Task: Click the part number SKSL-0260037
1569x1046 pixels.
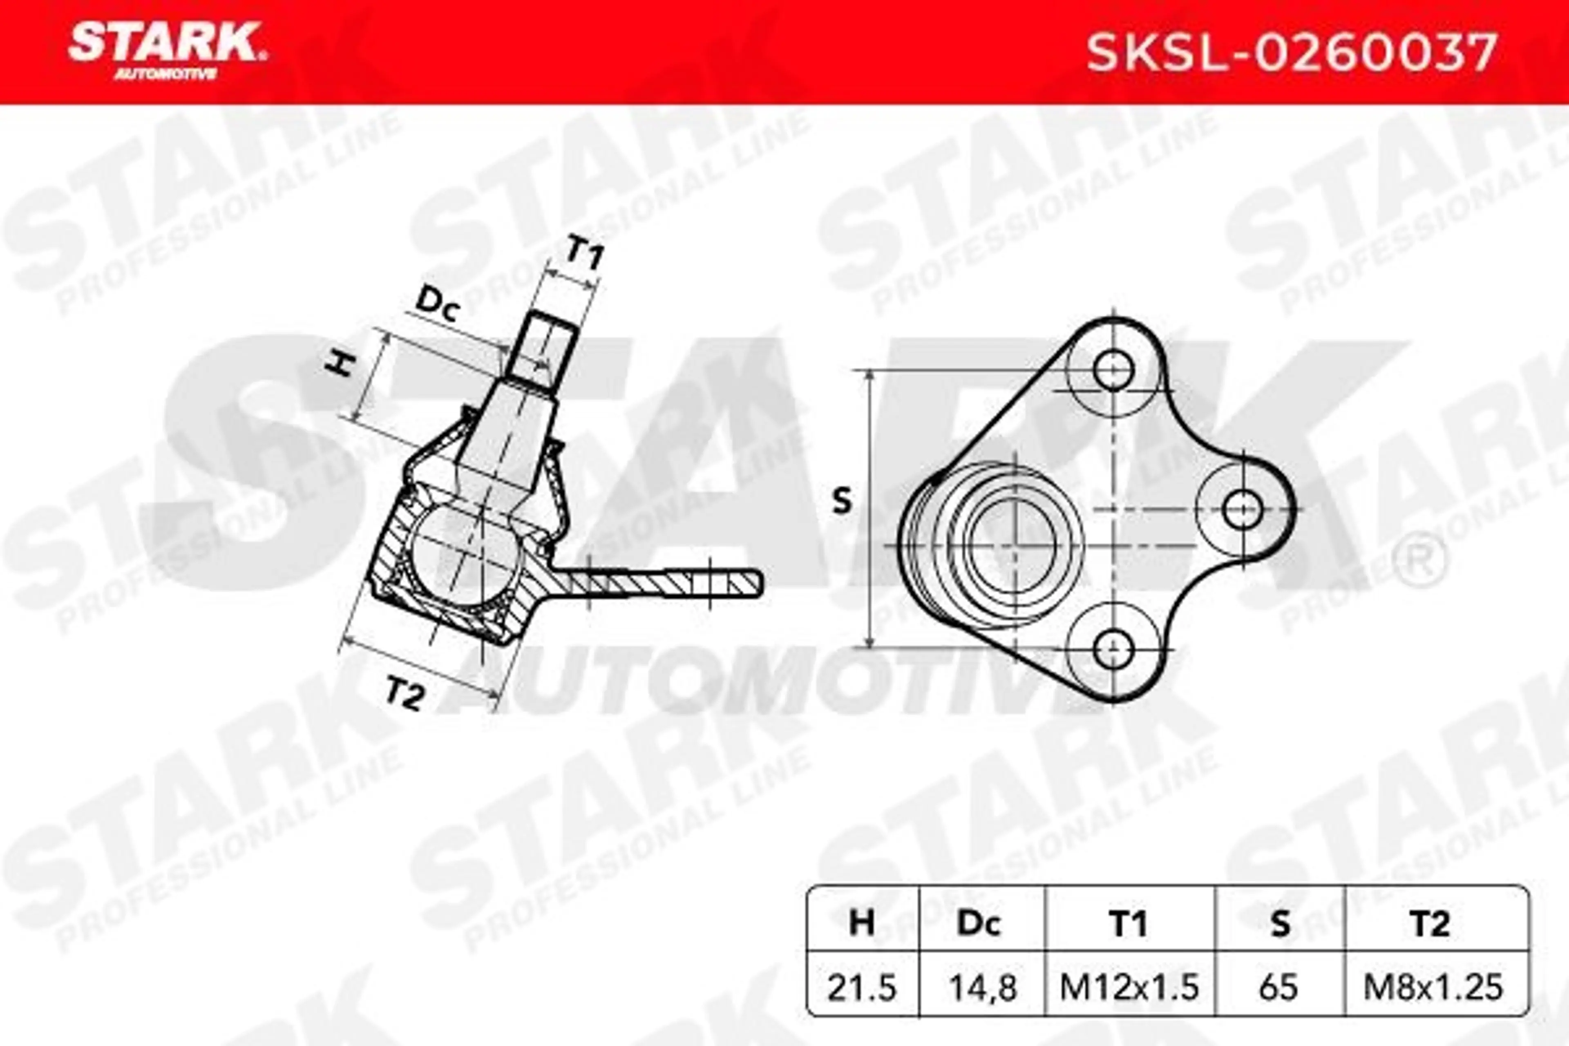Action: pos(1291,54)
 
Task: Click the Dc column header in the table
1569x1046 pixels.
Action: pos(979,924)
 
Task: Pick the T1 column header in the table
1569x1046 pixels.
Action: pos(1129,924)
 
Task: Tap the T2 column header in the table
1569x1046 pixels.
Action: pos(1430,924)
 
